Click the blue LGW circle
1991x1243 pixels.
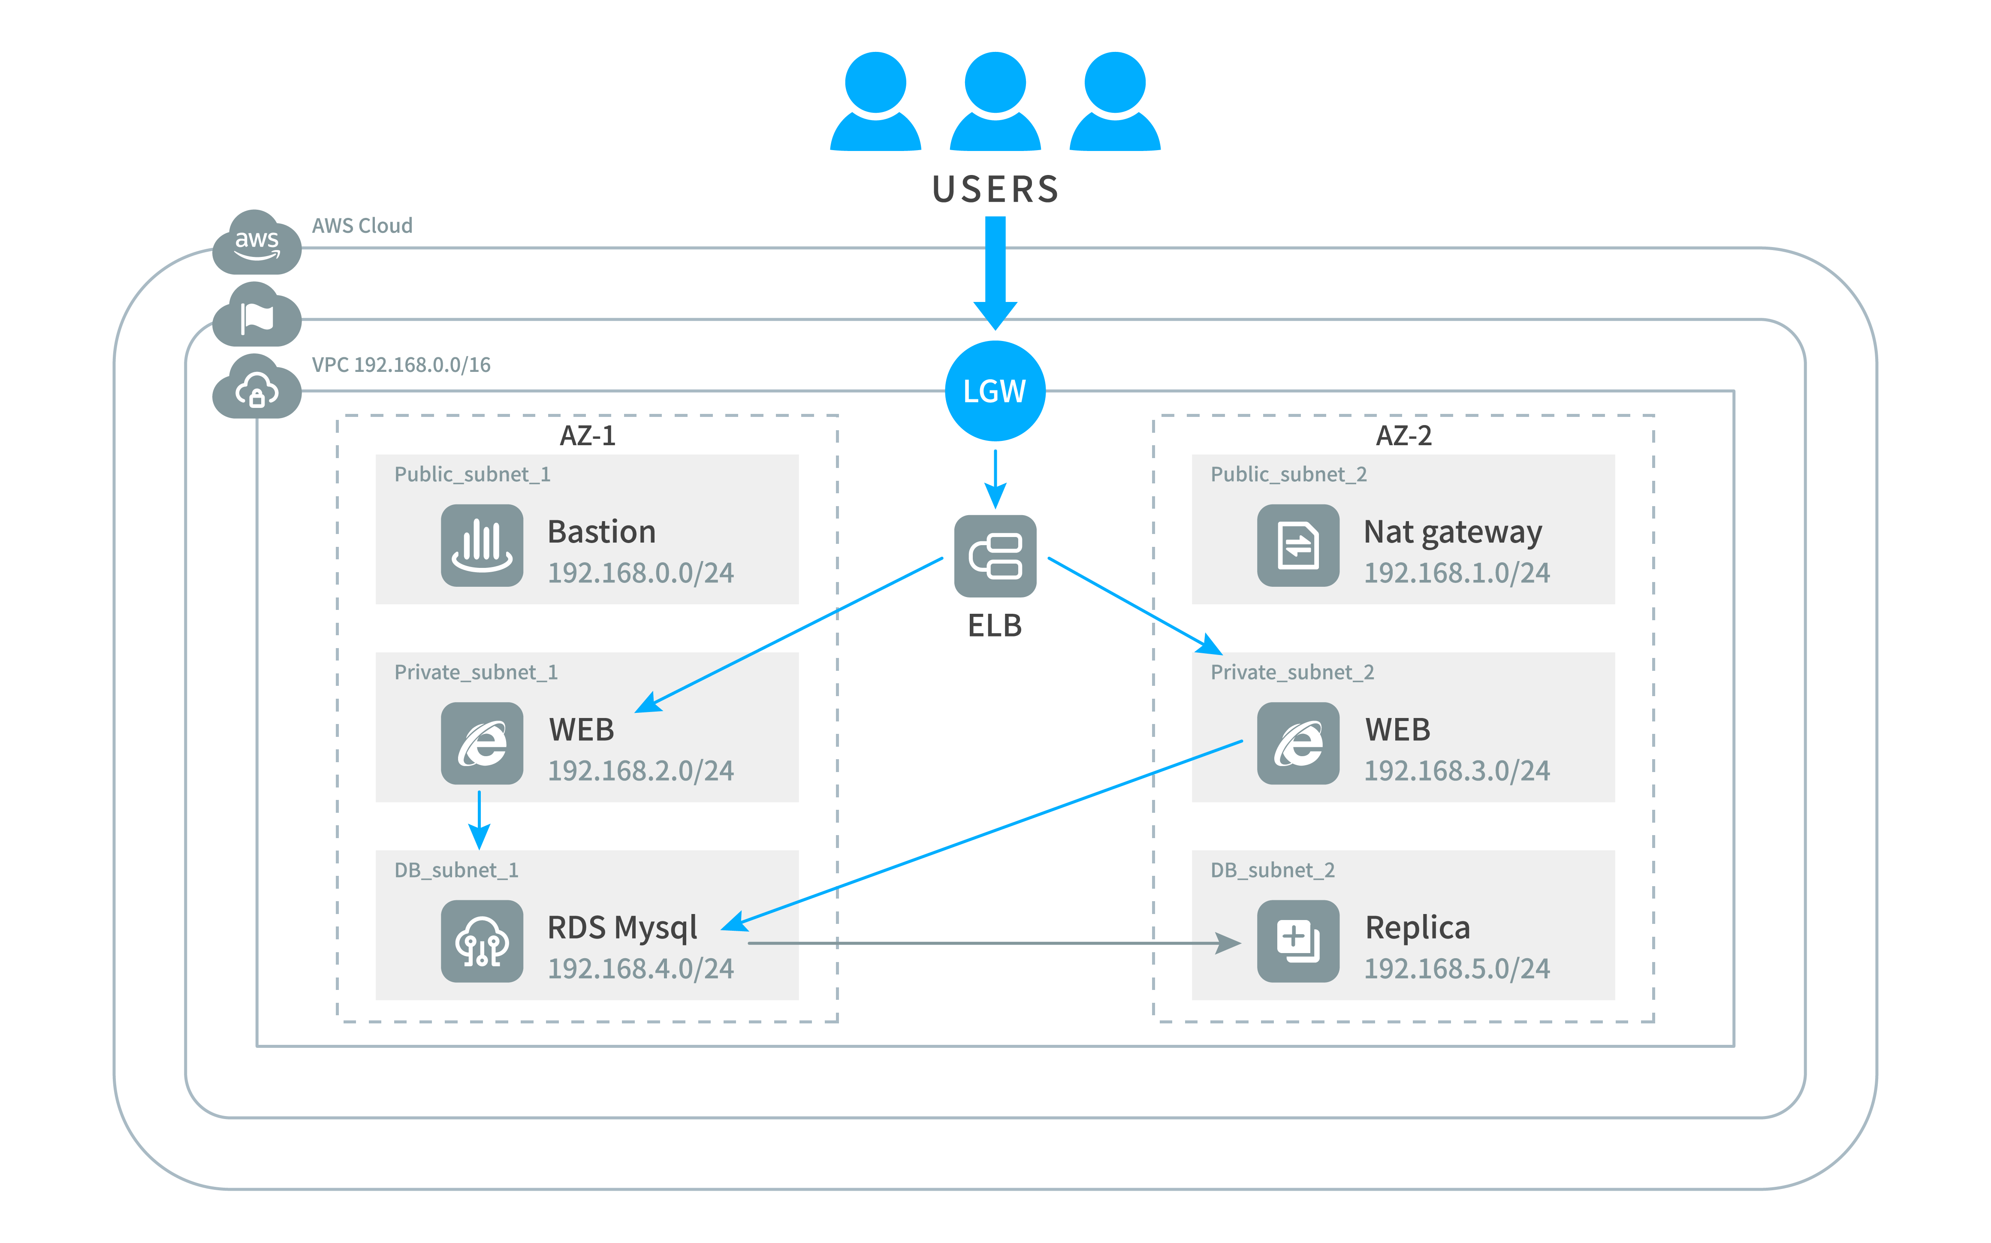(995, 391)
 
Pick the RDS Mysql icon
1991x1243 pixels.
(482, 941)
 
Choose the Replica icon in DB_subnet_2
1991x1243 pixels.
(1298, 941)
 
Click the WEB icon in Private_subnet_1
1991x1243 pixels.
(482, 743)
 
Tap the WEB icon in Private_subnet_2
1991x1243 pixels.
(1298, 743)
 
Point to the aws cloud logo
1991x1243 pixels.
(256, 242)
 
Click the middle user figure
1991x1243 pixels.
(995, 101)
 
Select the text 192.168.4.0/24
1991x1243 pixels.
(640, 968)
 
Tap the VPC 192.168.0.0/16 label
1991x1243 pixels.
(401, 365)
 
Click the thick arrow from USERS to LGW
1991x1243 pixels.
(995, 273)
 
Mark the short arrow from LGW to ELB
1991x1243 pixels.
(995, 479)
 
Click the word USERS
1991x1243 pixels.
(995, 189)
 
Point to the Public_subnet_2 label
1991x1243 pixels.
(1288, 474)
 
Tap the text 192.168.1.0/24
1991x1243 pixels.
(1457, 573)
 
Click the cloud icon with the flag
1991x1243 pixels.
(256, 315)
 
